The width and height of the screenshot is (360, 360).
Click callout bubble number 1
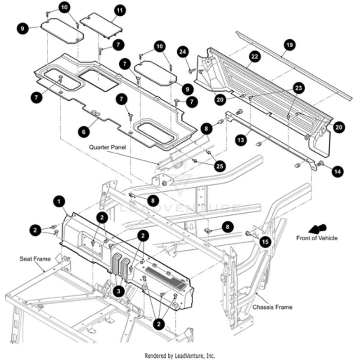click(58, 201)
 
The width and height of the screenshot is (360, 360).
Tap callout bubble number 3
click(118, 291)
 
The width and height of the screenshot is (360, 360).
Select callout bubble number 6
click(83, 131)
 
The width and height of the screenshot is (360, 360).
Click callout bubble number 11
click(120, 10)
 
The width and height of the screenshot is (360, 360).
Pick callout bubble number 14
click(338, 171)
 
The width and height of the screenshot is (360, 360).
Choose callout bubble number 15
click(265, 242)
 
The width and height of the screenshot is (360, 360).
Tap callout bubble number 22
click(255, 57)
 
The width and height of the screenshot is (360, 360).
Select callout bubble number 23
click(299, 88)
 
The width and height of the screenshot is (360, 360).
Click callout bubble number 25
click(220, 166)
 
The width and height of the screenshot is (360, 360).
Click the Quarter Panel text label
click(107, 147)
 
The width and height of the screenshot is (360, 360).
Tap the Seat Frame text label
click(35, 259)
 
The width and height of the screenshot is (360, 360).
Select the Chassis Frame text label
click(272, 307)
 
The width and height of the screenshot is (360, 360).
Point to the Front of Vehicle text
click(316, 238)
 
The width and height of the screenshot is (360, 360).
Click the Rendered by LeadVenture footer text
click(180, 355)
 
